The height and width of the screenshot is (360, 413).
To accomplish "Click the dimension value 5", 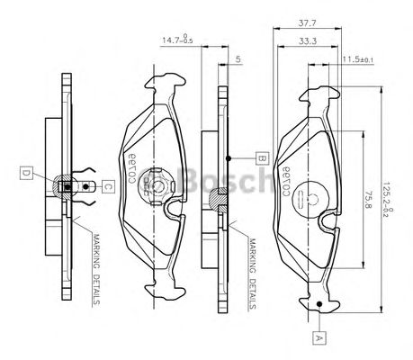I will pyautogui.click(x=237, y=60).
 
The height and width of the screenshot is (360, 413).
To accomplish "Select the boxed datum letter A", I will pyautogui.click(x=318, y=339).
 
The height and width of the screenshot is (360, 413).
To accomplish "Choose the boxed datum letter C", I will pyautogui.click(x=106, y=186).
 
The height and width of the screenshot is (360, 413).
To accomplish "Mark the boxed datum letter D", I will pyautogui.click(x=27, y=173).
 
